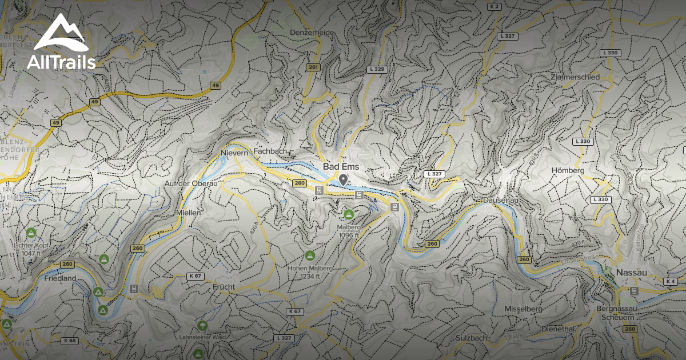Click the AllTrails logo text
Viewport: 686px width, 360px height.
tap(61, 62)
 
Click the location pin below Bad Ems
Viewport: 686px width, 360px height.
tap(343, 181)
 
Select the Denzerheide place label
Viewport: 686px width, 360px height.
tap(312, 33)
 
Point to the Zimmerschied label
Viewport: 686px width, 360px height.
tap(575, 77)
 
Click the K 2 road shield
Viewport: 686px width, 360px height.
tap(494, 6)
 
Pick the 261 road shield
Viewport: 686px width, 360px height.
tap(312, 67)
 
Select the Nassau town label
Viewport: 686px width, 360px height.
tap(632, 273)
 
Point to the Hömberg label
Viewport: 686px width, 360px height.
tap(568, 170)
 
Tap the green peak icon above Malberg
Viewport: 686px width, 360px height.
tap(348, 215)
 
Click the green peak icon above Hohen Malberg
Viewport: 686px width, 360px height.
tap(310, 255)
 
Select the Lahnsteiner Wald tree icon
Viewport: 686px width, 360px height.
tap(202, 326)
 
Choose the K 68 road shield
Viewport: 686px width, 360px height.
tap(70, 341)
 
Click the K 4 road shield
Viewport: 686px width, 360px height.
tap(671, 282)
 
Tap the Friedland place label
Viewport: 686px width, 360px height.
tap(59, 278)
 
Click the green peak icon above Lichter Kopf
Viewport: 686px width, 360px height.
tap(31, 233)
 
